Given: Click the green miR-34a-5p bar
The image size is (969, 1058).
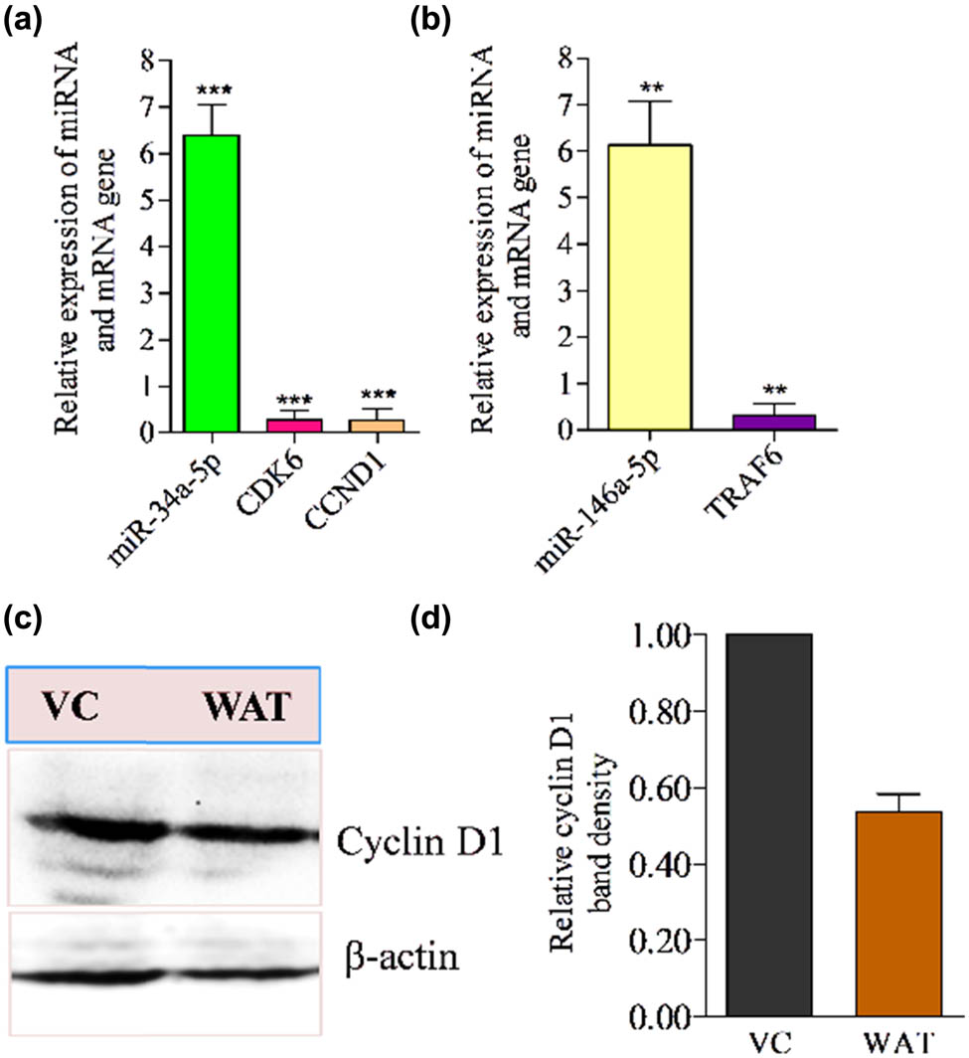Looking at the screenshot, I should coord(212,283).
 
